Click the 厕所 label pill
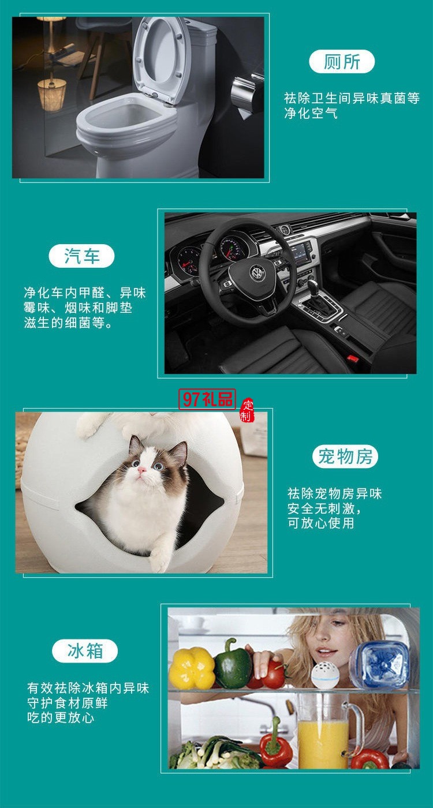coord(342,62)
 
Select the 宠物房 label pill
coord(345,457)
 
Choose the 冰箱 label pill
coord(85,652)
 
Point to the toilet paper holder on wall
coord(245,92)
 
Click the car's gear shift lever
coord(313,289)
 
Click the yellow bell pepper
coord(192,668)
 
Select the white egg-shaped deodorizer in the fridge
coord(326,674)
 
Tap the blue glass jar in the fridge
coord(379,665)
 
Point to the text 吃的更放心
coord(61,718)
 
